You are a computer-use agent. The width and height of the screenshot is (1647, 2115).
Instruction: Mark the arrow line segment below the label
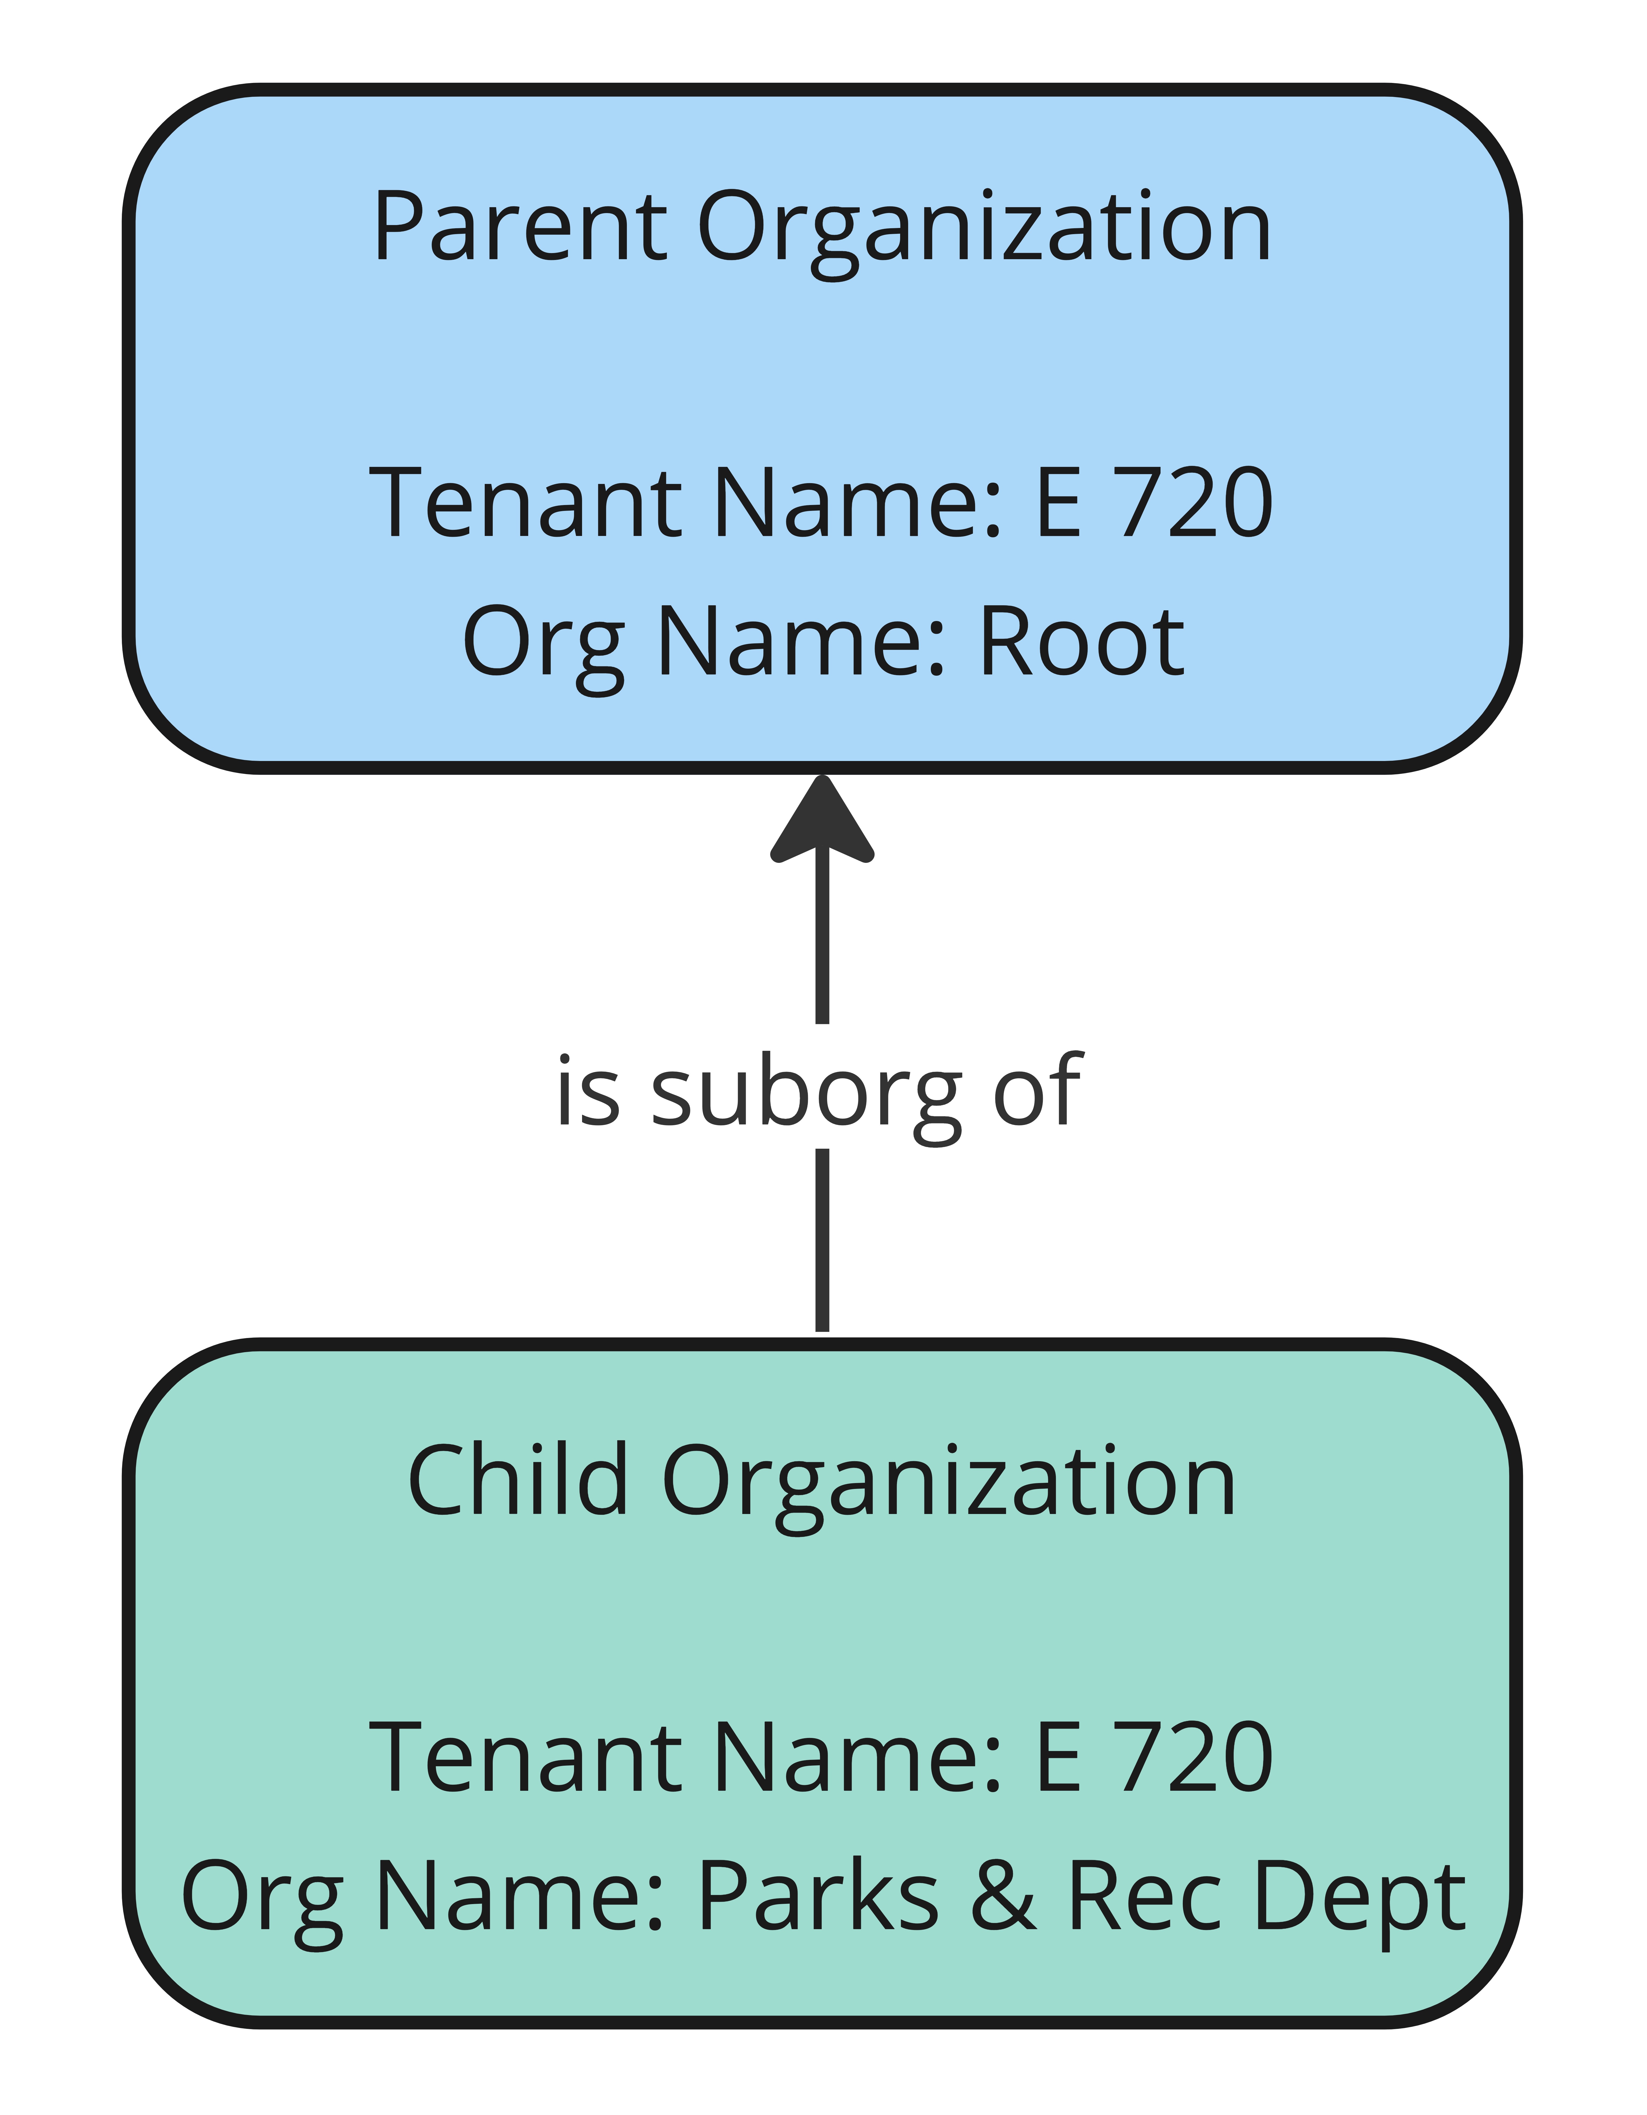pos(822,1240)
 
